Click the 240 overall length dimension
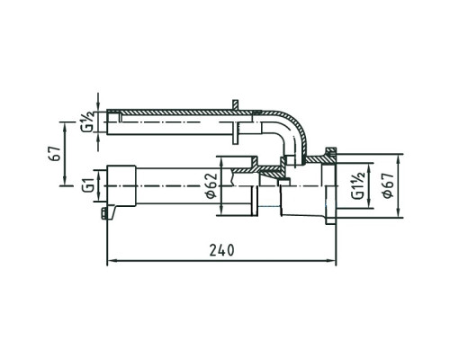click(x=221, y=250)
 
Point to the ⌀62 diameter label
click(x=211, y=185)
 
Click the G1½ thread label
click(x=358, y=185)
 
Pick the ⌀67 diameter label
click(x=388, y=185)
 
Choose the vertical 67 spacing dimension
click(x=56, y=154)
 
